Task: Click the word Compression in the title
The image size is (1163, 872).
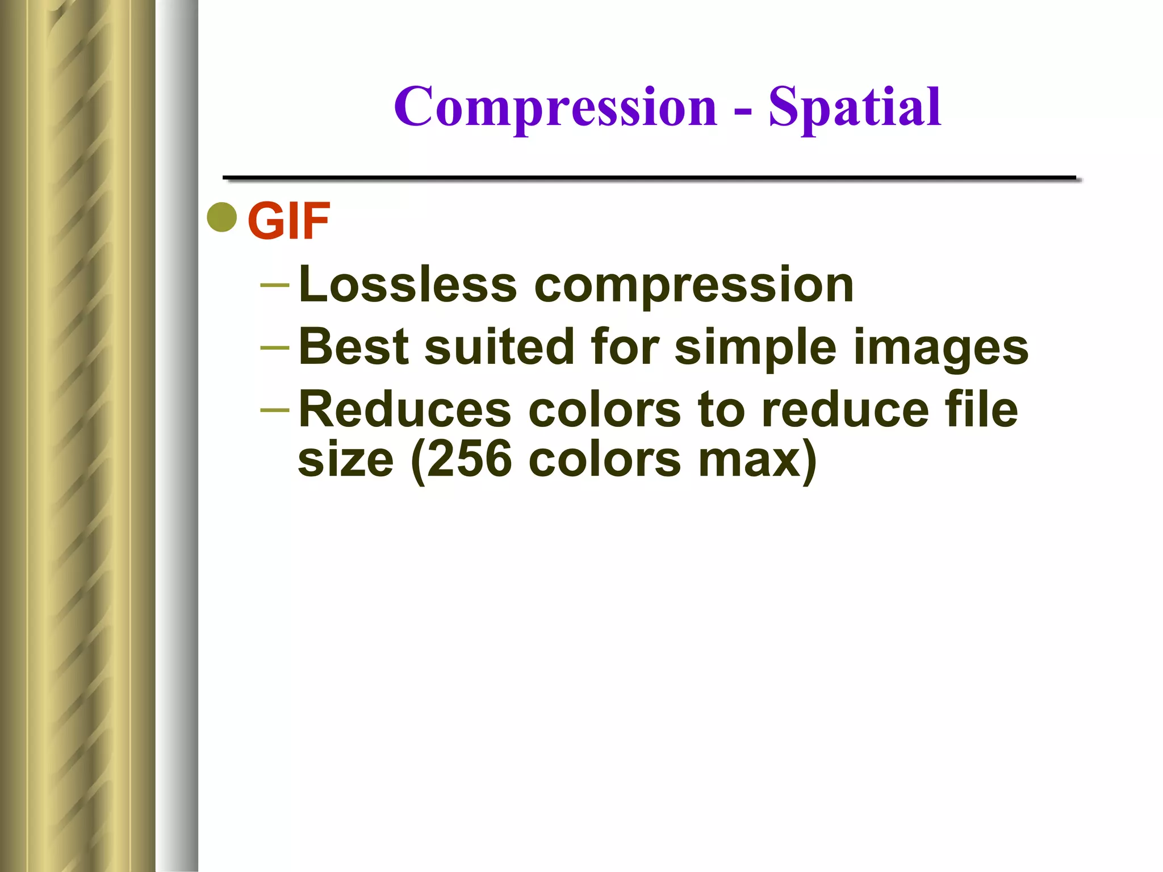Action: pos(555,108)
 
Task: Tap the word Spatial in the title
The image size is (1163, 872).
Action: pos(855,108)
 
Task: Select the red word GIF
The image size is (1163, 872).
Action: pos(288,221)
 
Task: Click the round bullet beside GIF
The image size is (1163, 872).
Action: pos(222,217)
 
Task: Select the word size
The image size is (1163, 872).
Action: pos(345,459)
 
